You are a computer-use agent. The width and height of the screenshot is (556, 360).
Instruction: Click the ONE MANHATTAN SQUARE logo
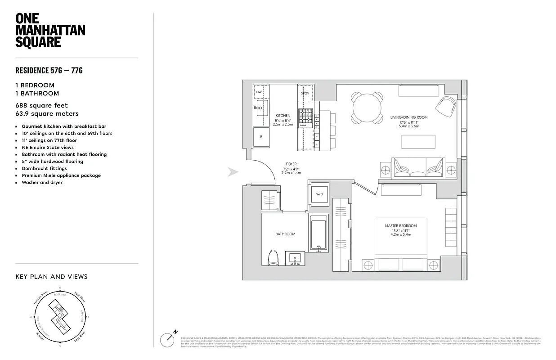click(x=50, y=30)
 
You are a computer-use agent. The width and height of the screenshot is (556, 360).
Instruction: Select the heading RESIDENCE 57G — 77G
click(x=49, y=70)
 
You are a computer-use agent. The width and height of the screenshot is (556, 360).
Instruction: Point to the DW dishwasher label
click(x=259, y=92)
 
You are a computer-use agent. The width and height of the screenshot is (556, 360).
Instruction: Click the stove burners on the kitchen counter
click(x=305, y=116)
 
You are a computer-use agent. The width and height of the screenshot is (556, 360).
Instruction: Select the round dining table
click(x=367, y=108)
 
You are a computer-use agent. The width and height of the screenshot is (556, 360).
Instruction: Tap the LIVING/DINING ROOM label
click(x=409, y=117)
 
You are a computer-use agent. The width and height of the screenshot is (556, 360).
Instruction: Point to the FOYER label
click(x=291, y=164)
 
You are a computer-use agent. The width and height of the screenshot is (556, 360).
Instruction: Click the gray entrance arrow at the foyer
click(x=233, y=172)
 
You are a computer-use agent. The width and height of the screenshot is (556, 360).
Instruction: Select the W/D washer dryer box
click(x=319, y=194)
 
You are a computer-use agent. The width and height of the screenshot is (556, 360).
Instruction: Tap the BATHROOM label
click(x=285, y=234)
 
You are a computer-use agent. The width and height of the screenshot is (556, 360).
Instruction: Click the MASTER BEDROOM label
click(x=400, y=225)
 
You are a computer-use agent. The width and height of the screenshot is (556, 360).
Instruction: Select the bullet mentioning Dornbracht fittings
click(x=45, y=168)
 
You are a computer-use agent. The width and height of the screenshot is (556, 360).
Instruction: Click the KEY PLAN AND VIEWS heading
click(x=51, y=277)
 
